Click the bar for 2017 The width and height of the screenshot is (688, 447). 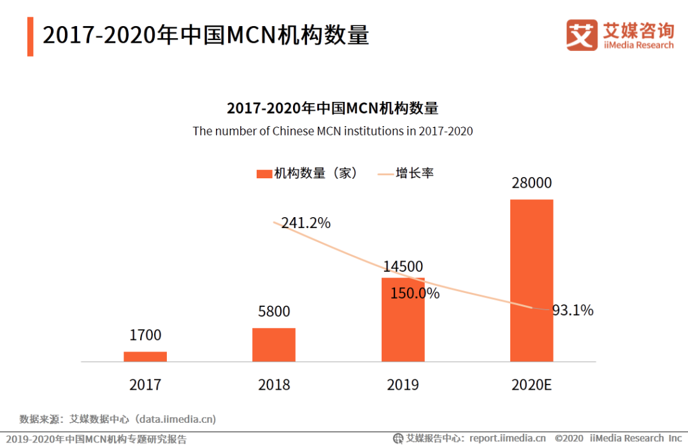click(x=145, y=357)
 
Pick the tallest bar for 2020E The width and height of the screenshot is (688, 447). click(x=532, y=280)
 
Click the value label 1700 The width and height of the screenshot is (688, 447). click(x=145, y=335)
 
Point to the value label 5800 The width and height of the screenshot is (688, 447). click(x=274, y=311)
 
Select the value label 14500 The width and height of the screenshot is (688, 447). click(x=403, y=267)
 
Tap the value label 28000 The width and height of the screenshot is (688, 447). click(x=531, y=183)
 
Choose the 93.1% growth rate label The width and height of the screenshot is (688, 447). click(x=573, y=311)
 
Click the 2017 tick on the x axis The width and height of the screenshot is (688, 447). click(x=145, y=385)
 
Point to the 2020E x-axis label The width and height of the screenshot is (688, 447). click(x=531, y=385)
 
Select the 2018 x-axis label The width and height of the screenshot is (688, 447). click(x=274, y=385)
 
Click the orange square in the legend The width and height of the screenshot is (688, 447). click(x=264, y=174)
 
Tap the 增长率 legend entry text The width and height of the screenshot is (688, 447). click(x=415, y=173)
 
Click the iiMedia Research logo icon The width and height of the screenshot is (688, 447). click(x=582, y=35)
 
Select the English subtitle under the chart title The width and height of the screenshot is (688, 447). click(x=333, y=131)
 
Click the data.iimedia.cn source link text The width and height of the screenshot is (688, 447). click(x=178, y=419)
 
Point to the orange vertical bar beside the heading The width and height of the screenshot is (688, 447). click(x=30, y=36)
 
